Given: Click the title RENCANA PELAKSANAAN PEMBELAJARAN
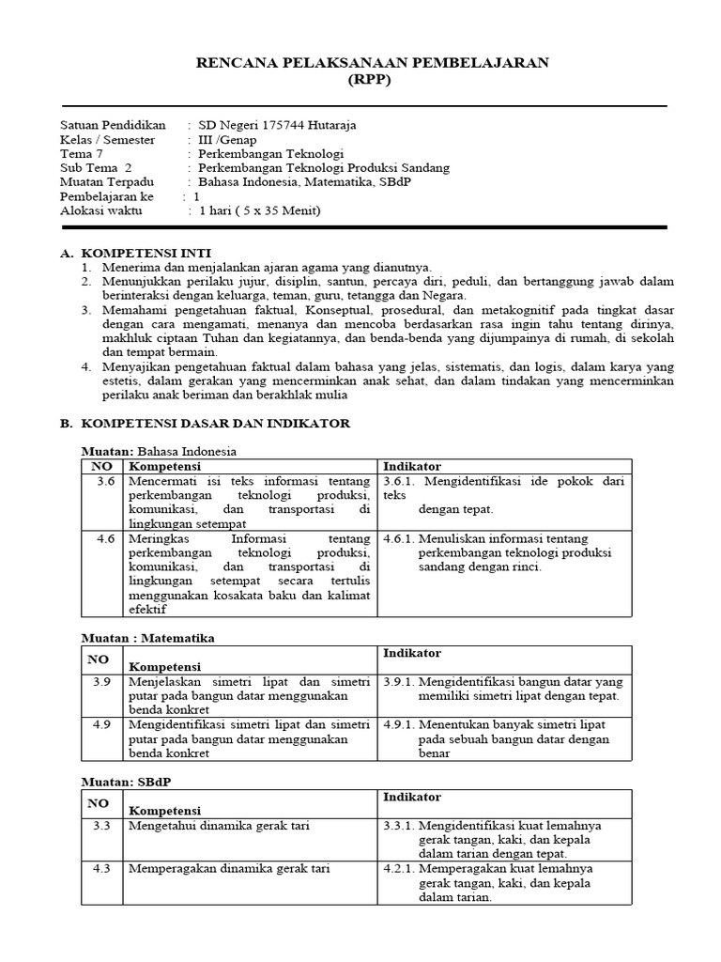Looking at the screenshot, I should tap(373, 62).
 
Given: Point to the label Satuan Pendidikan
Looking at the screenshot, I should tap(113, 125).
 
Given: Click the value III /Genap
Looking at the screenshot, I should tap(227, 139).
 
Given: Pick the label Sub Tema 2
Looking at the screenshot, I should tap(97, 167).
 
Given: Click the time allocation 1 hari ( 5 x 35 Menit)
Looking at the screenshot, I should tap(259, 210).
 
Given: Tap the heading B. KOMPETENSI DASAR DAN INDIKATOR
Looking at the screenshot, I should tap(205, 424).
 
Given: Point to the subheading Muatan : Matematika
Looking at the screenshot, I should tap(147, 638).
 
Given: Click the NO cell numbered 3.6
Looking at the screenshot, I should tap(104, 481).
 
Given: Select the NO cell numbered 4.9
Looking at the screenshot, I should tap(103, 724).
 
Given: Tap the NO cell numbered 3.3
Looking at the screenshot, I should tap(102, 826).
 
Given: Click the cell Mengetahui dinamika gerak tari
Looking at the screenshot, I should tap(220, 826).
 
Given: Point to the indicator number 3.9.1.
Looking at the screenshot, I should tap(399, 681).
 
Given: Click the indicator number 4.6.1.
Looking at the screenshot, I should tap(399, 539).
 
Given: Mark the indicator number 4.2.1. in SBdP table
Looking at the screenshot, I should tap(399, 869).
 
